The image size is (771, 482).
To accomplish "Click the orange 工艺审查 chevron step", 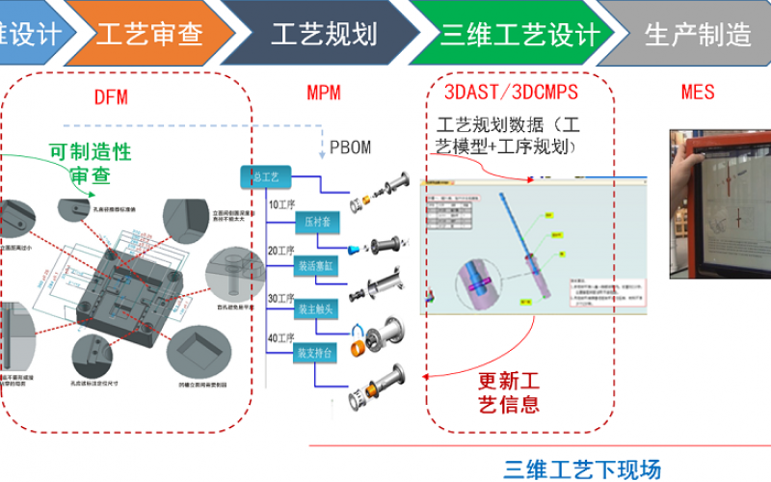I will tap(149, 36).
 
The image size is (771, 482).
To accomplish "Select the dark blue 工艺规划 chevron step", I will tap(323, 36).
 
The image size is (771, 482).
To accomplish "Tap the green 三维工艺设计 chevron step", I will tap(520, 36).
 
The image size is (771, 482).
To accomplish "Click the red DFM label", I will tap(111, 96).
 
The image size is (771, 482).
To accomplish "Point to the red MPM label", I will tap(324, 94).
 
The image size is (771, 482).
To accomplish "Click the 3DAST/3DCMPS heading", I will tap(511, 93).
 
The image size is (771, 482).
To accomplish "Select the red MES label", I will tap(698, 93).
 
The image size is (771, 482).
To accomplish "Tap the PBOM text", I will tap(350, 147).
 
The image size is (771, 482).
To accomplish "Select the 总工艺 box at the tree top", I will tap(265, 177).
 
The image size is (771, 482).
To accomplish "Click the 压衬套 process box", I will tap(317, 223).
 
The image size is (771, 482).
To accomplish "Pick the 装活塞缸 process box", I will tap(317, 266).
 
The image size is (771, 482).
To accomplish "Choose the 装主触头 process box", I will tap(317, 309).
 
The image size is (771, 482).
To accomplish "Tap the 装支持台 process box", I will tap(317, 354).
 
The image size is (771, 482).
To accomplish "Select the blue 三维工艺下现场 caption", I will tap(582, 469).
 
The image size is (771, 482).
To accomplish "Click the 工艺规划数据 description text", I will tap(508, 136).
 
